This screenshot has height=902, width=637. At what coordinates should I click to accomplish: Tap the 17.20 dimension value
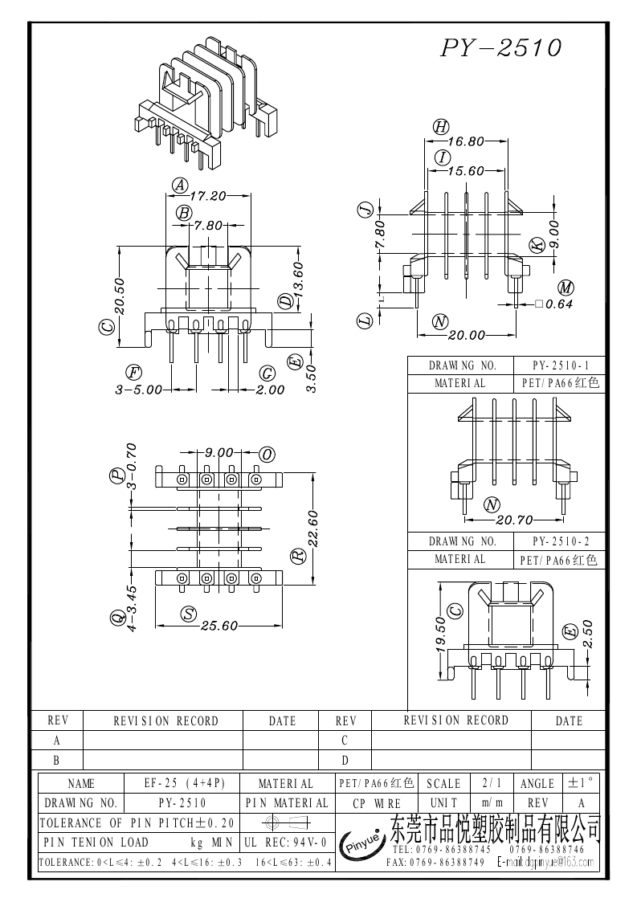tap(207, 195)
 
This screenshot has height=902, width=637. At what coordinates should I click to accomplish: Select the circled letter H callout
tap(440, 126)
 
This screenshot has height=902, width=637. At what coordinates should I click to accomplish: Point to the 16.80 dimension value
tap(466, 141)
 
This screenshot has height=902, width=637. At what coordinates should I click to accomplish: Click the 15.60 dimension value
tap(466, 171)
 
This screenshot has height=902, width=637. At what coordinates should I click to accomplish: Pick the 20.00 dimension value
tap(466, 335)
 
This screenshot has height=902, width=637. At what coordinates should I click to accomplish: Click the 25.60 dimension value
tap(218, 627)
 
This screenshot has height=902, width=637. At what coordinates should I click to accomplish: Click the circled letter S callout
tap(189, 614)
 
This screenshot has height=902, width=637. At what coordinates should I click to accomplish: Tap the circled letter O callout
tap(267, 455)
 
